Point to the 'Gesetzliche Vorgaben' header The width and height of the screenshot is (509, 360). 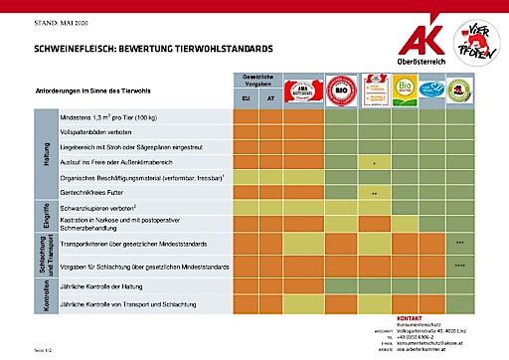257,81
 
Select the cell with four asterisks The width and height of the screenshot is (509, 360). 459,267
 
